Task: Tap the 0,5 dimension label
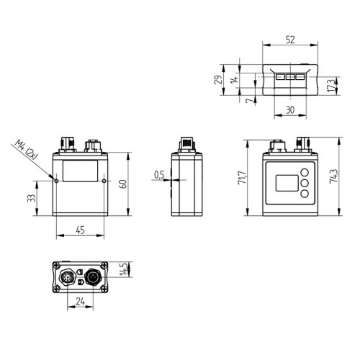[x=159, y=174]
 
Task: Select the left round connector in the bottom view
[x=68, y=276]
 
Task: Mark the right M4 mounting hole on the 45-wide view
[x=104, y=180]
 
